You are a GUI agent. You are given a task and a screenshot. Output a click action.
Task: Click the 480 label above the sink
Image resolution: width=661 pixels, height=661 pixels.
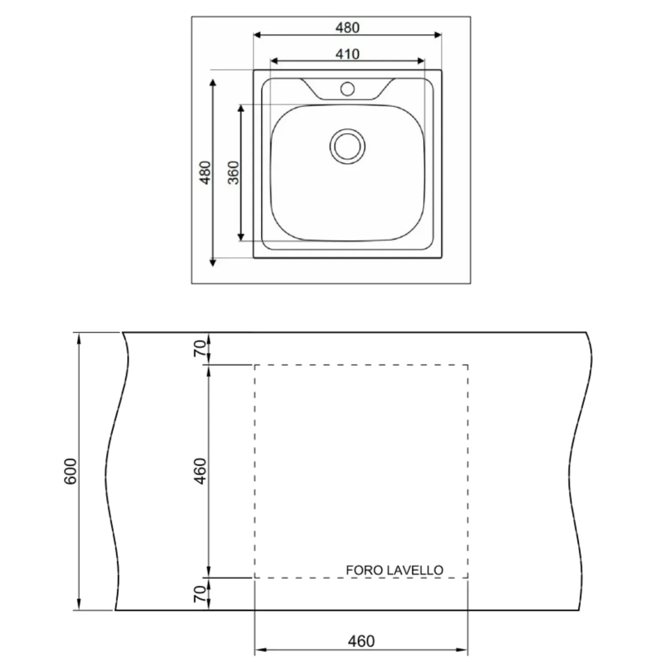coord(347,28)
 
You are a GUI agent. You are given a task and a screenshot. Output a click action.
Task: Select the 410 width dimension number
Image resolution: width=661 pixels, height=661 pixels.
coord(347,54)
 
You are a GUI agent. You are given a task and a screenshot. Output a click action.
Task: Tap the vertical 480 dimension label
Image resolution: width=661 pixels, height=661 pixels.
coord(205,172)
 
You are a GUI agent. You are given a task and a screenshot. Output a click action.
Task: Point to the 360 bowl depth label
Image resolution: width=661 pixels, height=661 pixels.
coord(234,173)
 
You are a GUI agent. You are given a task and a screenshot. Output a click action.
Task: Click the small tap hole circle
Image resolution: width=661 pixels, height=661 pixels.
coord(347,89)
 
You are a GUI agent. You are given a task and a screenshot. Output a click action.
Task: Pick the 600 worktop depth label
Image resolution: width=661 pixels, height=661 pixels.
coord(71,471)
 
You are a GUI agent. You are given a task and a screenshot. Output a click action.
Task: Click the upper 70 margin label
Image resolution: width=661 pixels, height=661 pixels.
coord(201,348)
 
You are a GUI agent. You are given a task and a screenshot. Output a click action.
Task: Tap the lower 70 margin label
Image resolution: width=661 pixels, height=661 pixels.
coord(201,594)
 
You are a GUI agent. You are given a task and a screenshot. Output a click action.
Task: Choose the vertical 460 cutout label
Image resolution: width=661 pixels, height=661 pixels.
coord(201,471)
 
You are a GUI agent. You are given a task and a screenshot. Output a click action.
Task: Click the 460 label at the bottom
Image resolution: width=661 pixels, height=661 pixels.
coord(361,641)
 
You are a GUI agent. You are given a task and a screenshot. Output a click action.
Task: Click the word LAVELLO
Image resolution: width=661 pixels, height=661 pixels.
coord(415,570)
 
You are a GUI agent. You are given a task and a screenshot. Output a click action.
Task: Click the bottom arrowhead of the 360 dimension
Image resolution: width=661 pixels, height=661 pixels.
coord(241,237)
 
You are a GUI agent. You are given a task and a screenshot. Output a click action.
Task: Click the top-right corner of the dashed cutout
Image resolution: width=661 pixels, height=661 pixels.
coord(468,365)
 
